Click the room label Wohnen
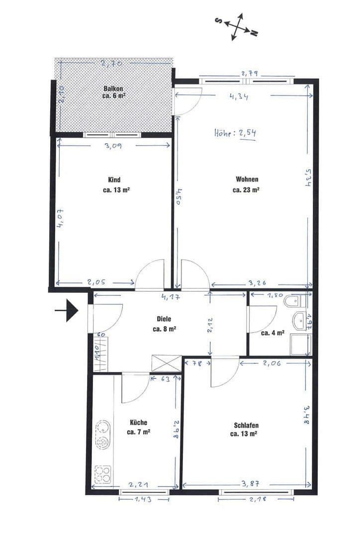click(247, 179)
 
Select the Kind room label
click(114, 180)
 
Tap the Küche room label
click(138, 423)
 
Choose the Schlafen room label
click(246, 426)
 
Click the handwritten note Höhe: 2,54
click(235, 133)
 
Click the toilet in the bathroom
click(296, 301)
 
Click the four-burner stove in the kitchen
click(103, 473)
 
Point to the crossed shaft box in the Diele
click(166, 362)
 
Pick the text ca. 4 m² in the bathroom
click(272, 333)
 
